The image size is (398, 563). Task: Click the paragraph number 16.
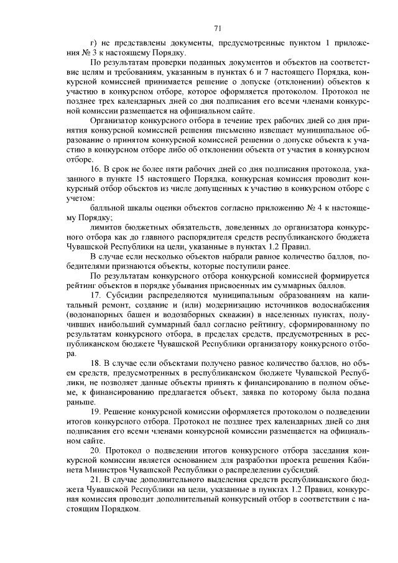96,169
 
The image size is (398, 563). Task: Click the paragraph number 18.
96,363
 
